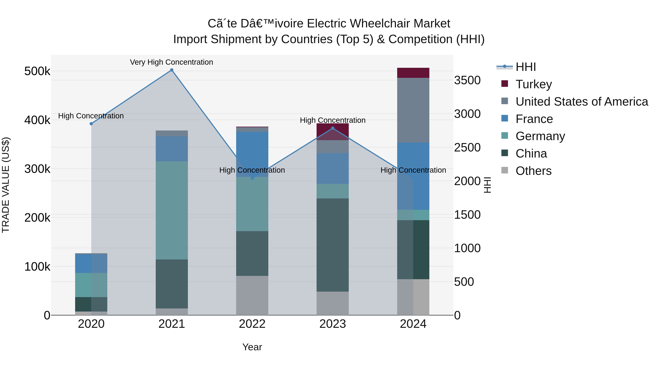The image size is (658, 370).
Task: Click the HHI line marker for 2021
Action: (172, 70)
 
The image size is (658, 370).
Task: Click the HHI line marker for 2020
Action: (91, 124)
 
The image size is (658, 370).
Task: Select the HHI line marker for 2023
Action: (333, 128)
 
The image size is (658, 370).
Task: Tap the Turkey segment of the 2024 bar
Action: (413, 73)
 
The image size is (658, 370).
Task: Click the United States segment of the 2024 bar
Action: (413, 110)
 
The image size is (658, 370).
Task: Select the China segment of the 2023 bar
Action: (333, 245)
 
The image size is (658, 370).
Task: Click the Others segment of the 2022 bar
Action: (252, 295)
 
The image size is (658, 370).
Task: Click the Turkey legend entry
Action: (533, 84)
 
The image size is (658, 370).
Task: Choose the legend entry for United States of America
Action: (581, 102)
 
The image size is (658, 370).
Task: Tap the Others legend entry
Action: (533, 171)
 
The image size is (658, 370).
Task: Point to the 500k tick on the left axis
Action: (37, 71)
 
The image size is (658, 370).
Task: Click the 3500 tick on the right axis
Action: (467, 80)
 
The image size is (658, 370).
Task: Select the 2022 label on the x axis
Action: (252, 324)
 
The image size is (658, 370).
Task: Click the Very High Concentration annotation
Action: (171, 62)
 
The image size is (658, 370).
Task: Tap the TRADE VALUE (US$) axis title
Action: (6, 185)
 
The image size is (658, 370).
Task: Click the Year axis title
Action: (252, 347)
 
